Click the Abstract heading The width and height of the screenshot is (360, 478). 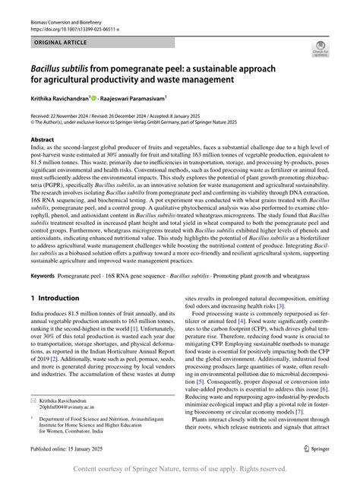point(42,141)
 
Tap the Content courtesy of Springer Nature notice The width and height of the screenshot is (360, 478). point(180,469)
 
